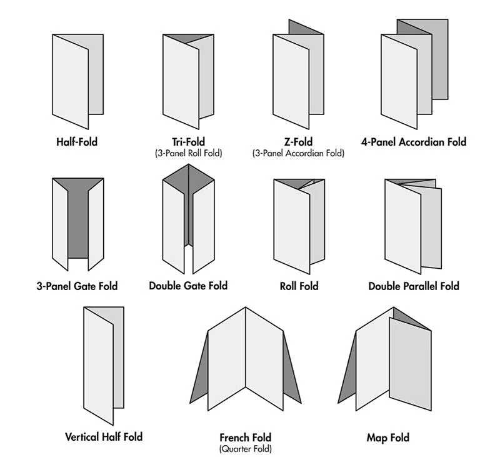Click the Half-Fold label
pyautogui.click(x=76, y=142)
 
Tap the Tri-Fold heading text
pyautogui.click(x=188, y=142)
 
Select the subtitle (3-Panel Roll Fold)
pyautogui.click(x=188, y=153)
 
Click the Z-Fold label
pyautogui.click(x=298, y=142)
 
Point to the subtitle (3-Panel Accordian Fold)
pyautogui.click(x=298, y=153)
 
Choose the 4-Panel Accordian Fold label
pyautogui.click(x=414, y=142)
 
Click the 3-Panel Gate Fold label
pyautogui.click(x=77, y=286)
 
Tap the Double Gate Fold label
pyautogui.click(x=188, y=286)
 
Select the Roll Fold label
pyautogui.click(x=299, y=286)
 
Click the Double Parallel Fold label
pyautogui.click(x=414, y=286)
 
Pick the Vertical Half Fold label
pyautogui.click(x=104, y=436)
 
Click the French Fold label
pyautogui.click(x=245, y=437)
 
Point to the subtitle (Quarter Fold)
pyautogui.click(x=245, y=448)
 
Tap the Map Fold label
pyautogui.click(x=387, y=437)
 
